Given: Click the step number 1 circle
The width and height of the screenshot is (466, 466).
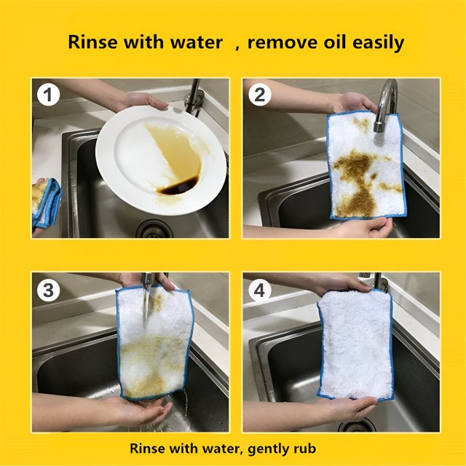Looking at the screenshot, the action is [x=48, y=95].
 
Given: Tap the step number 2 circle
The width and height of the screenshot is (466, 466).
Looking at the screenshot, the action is [x=259, y=95].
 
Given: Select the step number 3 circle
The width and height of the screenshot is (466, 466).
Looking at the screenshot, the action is [x=48, y=291].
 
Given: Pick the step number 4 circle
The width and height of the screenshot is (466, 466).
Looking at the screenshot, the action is [x=259, y=291].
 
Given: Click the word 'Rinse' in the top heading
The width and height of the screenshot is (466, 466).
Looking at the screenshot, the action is [x=93, y=42].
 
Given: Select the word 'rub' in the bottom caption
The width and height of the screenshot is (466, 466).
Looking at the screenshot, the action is [x=306, y=449].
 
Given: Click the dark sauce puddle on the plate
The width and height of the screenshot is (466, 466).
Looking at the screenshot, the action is [x=178, y=186].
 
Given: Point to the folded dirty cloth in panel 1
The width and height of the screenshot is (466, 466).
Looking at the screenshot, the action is [x=46, y=203].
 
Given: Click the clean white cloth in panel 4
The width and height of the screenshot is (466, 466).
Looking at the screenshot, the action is [x=355, y=344].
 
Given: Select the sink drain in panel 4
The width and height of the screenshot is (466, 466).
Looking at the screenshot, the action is [x=357, y=425].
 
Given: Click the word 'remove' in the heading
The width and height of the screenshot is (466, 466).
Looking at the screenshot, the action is [x=279, y=42].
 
